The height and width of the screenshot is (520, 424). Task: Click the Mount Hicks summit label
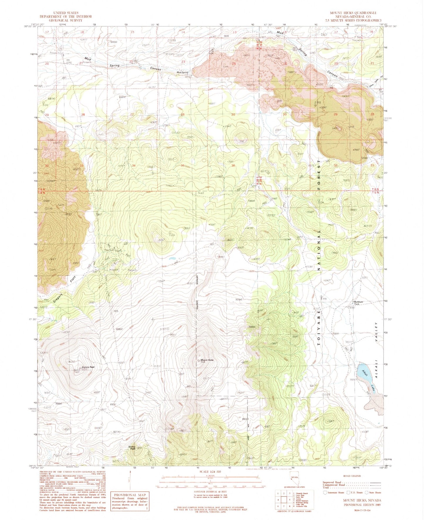pyautogui.click(x=207, y=360)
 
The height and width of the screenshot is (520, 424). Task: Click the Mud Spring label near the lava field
pyautogui.click(x=182, y=72)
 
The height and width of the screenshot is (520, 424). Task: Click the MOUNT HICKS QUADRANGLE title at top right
pyautogui.click(x=353, y=13)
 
